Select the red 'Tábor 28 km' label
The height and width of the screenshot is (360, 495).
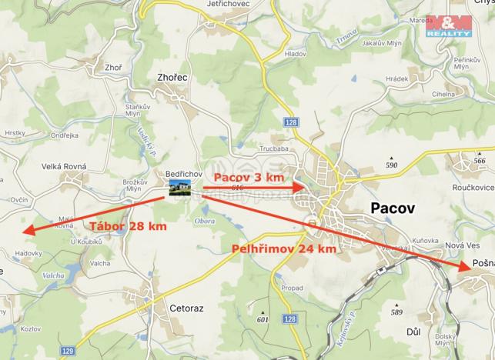point(128,226)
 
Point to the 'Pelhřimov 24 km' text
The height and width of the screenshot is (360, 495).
point(283,249)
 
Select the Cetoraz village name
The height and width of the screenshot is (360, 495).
point(186,308)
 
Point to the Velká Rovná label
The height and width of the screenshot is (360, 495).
point(64,166)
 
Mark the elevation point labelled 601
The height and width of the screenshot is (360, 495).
point(263,319)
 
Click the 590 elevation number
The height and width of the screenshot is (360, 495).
point(391,165)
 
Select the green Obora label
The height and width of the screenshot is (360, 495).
point(206,221)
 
